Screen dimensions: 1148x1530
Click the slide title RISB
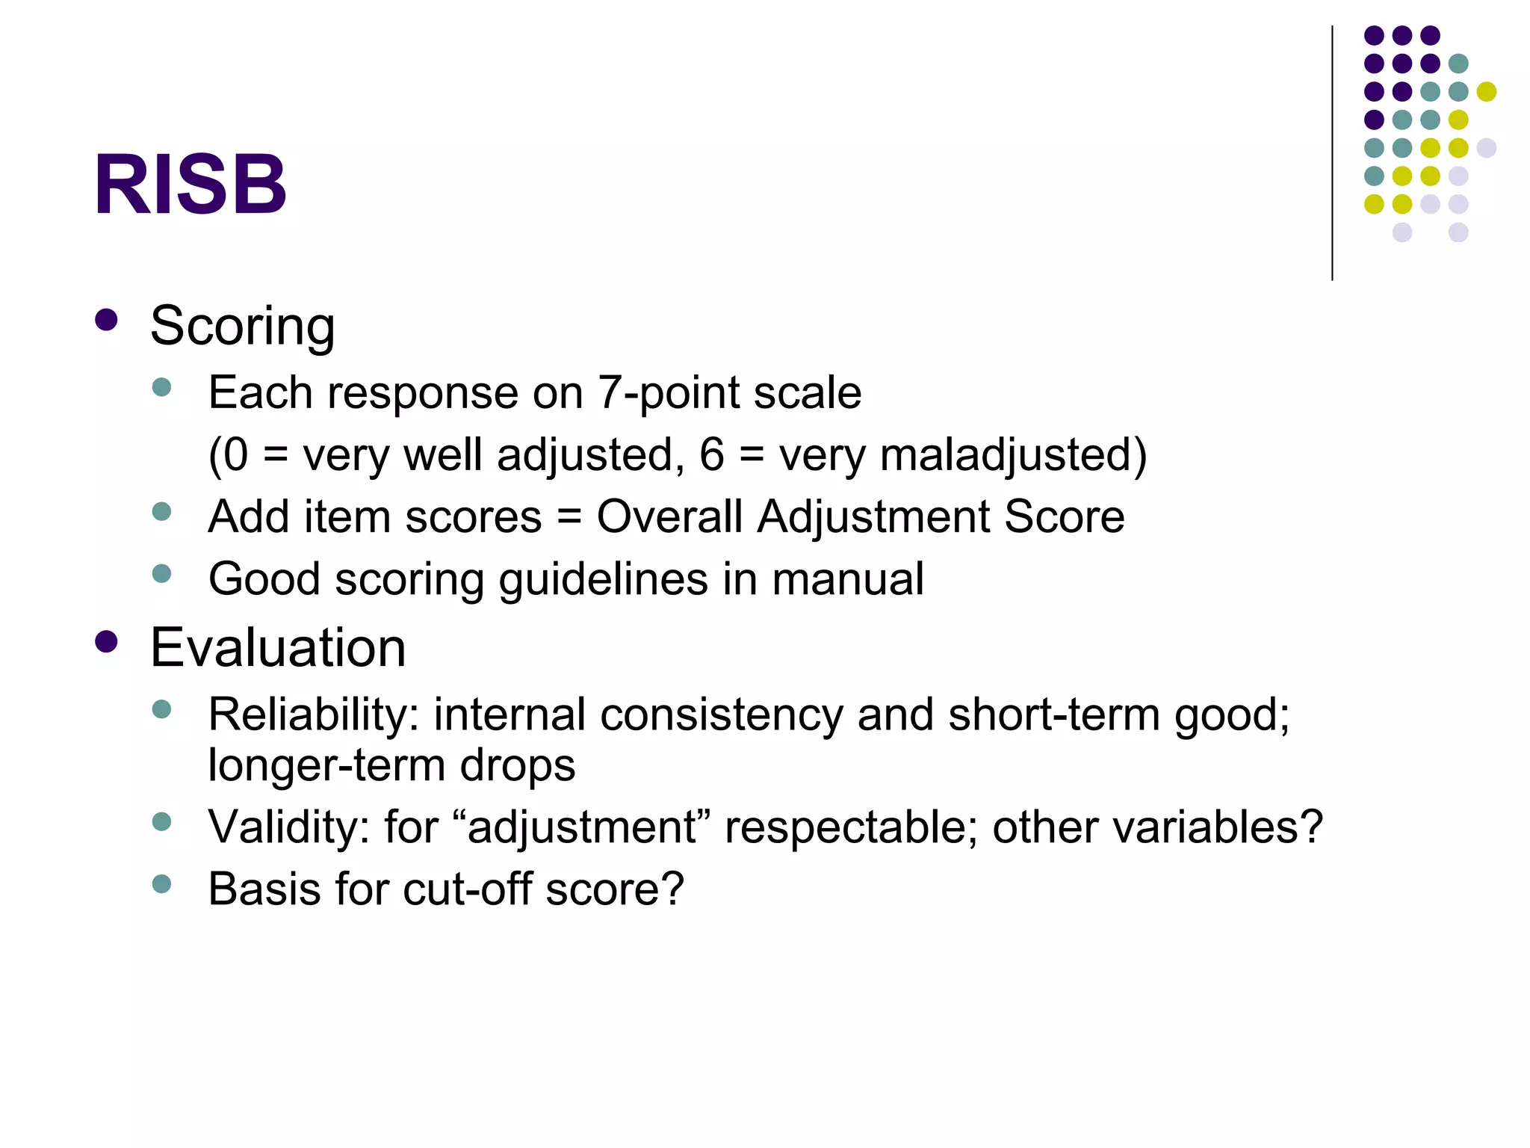pyautogui.click(x=190, y=184)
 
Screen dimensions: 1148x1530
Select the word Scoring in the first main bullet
pyautogui.click(x=242, y=326)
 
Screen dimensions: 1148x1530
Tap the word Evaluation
pyautogui.click(x=278, y=647)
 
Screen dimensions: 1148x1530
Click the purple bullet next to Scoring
pyautogui.click(x=107, y=320)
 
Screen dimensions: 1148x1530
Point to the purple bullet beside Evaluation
pyautogui.click(x=107, y=642)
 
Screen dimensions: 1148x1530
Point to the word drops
pyautogui.click(x=517, y=765)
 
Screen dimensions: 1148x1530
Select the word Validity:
pyautogui.click(x=288, y=827)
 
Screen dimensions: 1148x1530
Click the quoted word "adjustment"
pyautogui.click(x=581, y=827)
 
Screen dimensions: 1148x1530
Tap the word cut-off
pyautogui.click(x=467, y=889)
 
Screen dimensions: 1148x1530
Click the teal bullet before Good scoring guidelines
pyautogui.click(x=161, y=574)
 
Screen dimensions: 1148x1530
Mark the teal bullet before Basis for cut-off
pyautogui.click(x=161, y=884)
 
